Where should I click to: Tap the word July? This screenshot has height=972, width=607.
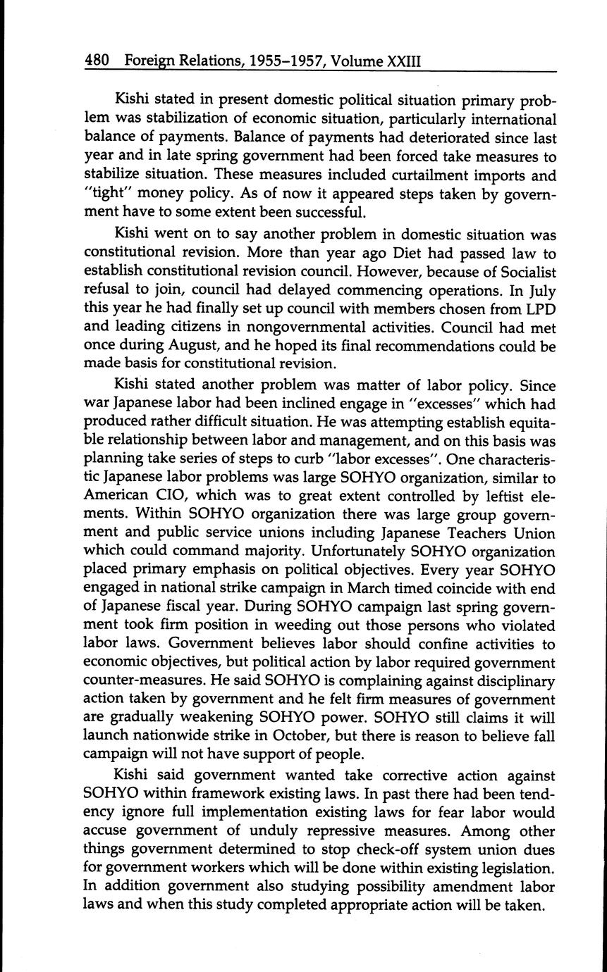(541, 290)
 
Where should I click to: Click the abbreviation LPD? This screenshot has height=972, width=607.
(541, 309)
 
